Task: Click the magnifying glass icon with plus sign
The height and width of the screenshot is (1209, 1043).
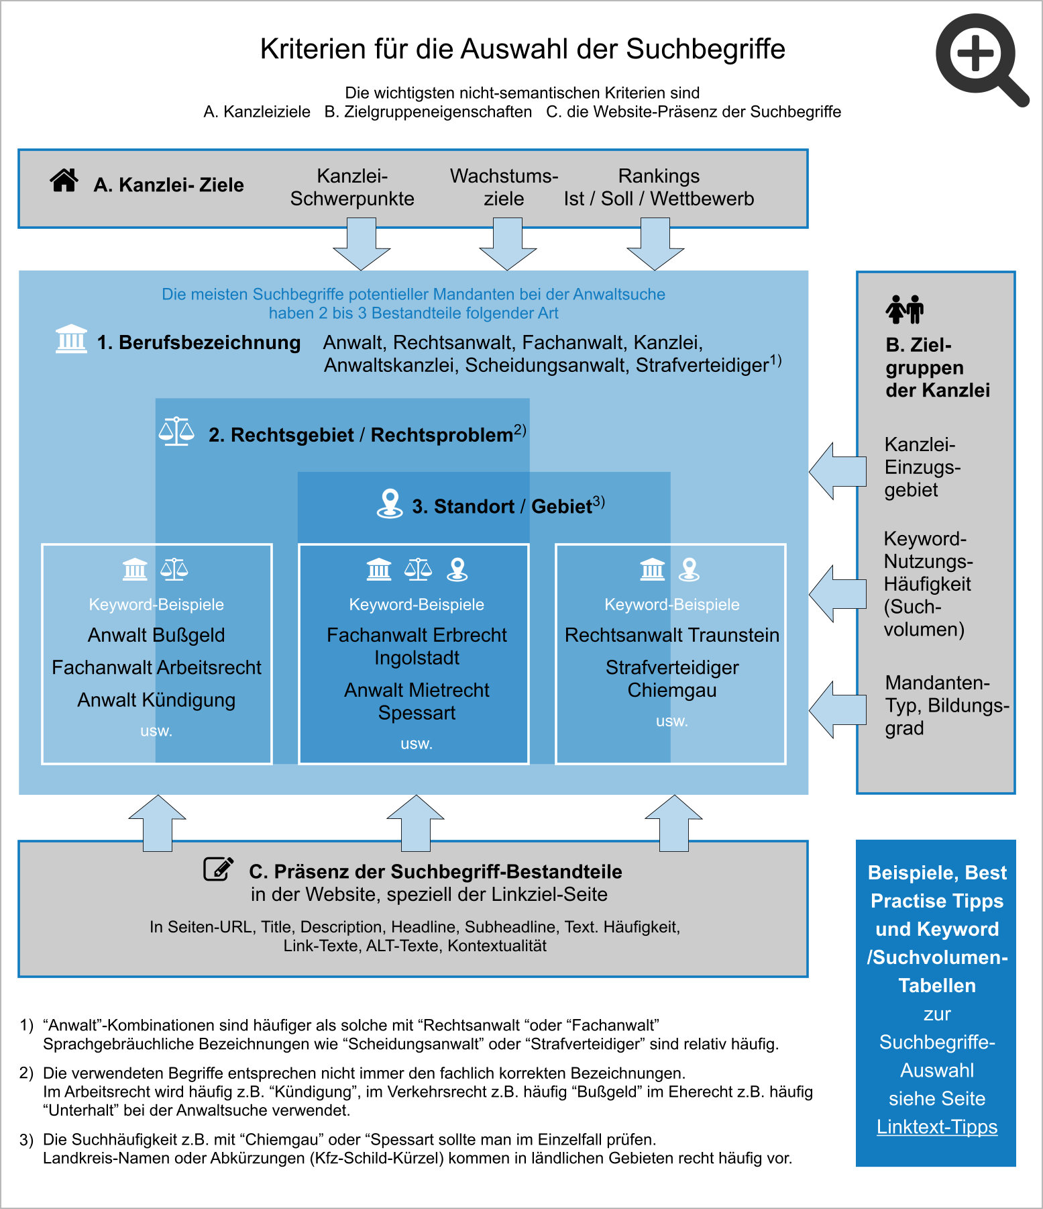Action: [x=977, y=55]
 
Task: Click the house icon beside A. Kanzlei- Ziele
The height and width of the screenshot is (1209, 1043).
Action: [x=64, y=181]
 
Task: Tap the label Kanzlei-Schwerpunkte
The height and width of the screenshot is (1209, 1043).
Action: [x=352, y=187]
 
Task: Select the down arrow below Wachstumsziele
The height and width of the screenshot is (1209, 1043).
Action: [x=508, y=246]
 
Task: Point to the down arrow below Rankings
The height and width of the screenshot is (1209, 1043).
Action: [x=655, y=246]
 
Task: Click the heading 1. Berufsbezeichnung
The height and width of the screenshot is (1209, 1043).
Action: [x=199, y=342]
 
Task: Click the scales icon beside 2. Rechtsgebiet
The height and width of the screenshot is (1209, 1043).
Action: [x=176, y=432]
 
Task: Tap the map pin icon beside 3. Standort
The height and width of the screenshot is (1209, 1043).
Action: [x=390, y=503]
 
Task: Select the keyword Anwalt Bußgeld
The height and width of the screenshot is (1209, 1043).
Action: [x=156, y=635]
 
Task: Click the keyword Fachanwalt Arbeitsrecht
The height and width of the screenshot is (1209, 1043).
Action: [x=156, y=667]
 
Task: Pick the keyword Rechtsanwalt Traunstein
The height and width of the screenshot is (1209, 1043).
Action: [x=671, y=635]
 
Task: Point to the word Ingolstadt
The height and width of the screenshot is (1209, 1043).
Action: [x=417, y=658]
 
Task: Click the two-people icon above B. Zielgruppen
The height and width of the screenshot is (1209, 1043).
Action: [x=904, y=309]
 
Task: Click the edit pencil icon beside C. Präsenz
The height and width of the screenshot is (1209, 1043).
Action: [x=219, y=869]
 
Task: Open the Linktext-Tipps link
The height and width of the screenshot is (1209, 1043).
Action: [x=936, y=1126]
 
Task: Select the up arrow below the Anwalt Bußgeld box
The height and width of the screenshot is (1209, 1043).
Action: [x=157, y=823]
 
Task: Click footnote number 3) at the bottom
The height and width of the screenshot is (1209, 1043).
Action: [x=26, y=1140]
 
